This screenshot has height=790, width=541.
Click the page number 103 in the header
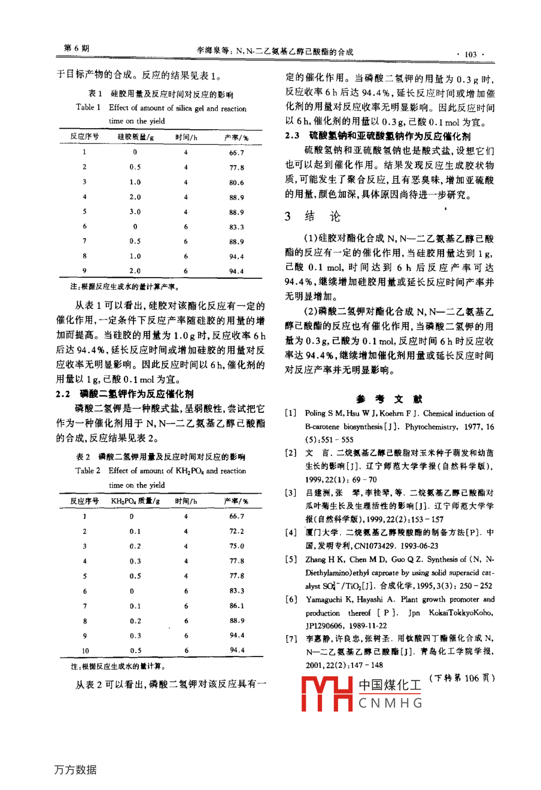470,54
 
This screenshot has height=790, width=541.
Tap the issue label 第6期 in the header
76,48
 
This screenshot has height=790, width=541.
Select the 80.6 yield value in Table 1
236,183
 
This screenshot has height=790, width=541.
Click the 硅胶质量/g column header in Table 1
136,137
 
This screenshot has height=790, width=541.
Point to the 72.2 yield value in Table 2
237,531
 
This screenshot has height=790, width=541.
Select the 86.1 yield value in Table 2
237,606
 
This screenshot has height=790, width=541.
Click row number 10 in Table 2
85,651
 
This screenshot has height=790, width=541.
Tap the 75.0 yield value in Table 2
237,546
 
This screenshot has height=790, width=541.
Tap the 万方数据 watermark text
75,770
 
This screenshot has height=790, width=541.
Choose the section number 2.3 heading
292,136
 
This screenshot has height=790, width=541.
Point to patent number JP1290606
326,625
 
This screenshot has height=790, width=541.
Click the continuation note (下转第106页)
462,678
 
